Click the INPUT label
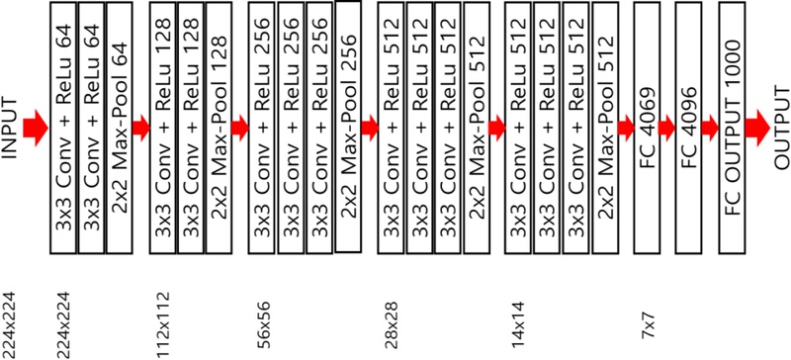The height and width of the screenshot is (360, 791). click(x=12, y=126)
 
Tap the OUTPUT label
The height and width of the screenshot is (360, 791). click(x=780, y=126)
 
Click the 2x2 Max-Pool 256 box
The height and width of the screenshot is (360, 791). click(x=348, y=126)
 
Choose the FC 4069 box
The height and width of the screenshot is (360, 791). click(x=648, y=126)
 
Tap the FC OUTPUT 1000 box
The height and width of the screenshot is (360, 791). click(x=733, y=126)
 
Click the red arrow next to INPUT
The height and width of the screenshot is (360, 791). click(x=35, y=126)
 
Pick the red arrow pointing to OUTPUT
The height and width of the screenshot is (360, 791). click(x=758, y=126)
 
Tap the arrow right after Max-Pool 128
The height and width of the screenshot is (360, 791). click(x=240, y=126)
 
